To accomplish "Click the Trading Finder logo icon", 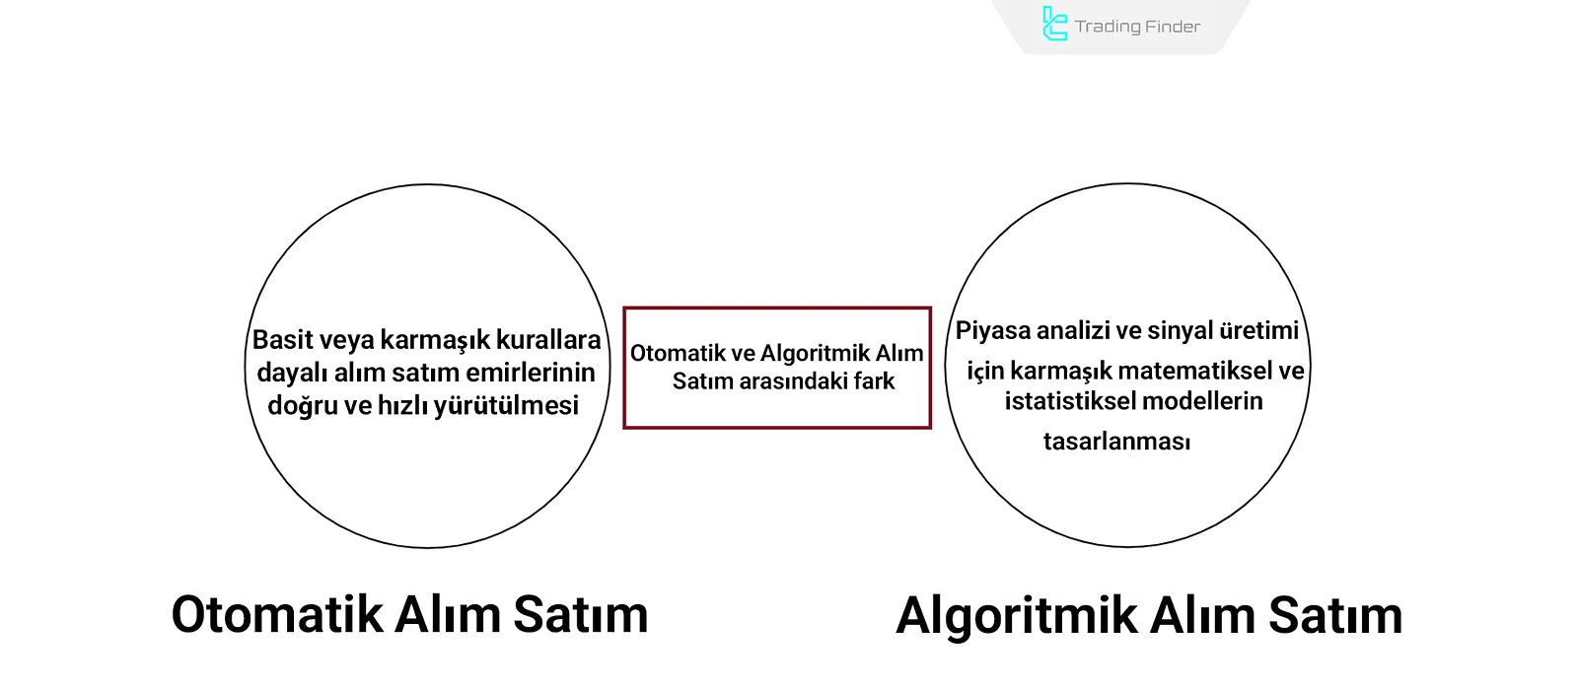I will [x=1054, y=25].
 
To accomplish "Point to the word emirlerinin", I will [x=532, y=373].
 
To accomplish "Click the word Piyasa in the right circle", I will [x=992, y=330].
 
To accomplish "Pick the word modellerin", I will [x=1202, y=401].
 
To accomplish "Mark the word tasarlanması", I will [x=1116, y=442].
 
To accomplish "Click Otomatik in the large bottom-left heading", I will [x=277, y=614].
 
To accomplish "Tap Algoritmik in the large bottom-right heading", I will [x=1016, y=616].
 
